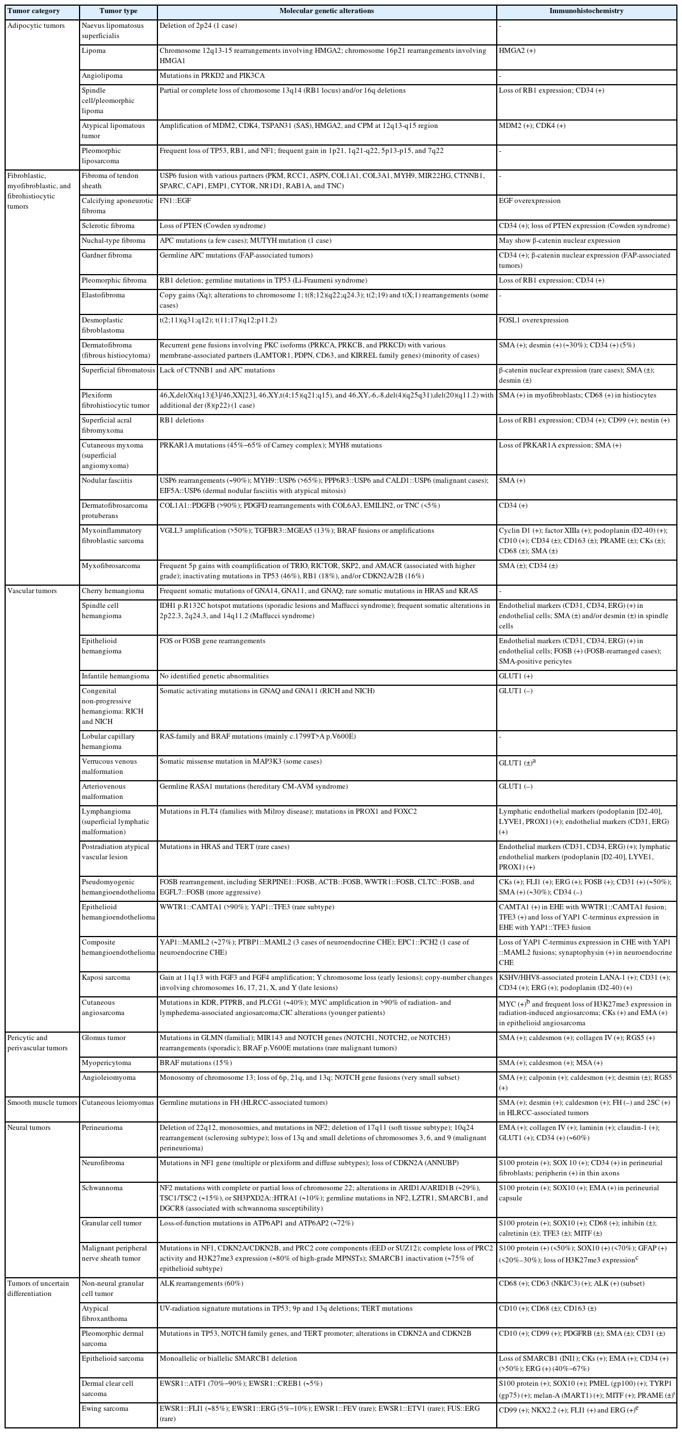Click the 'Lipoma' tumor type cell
coord(94,51)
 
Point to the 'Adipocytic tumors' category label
coord(36,26)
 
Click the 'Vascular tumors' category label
coord(32,591)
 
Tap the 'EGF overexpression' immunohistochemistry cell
coord(530,201)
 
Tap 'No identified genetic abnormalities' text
coord(214,676)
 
